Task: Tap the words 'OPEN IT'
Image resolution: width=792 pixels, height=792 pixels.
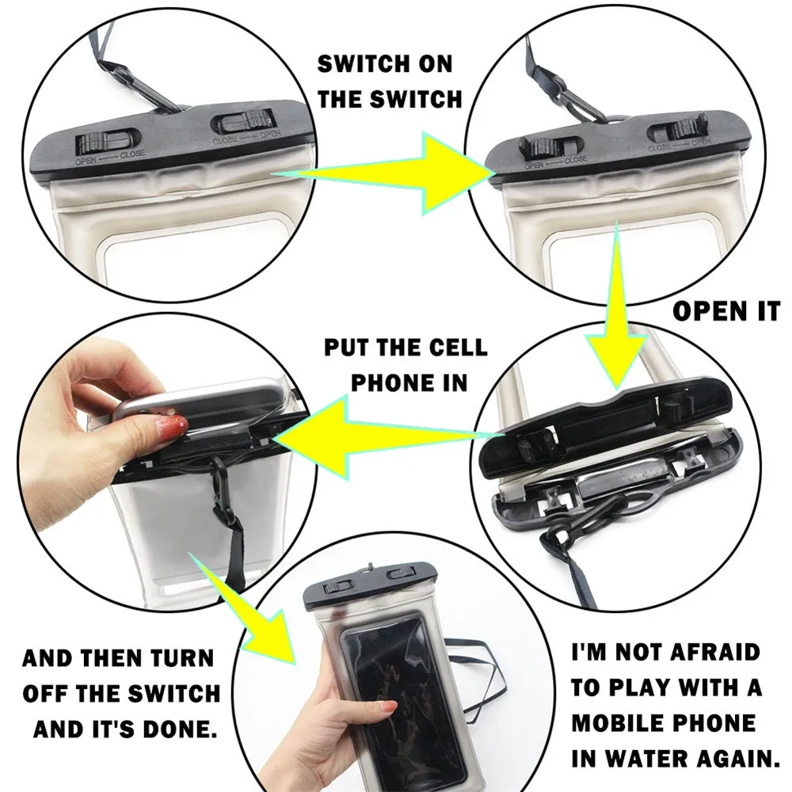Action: pyautogui.click(x=727, y=311)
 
